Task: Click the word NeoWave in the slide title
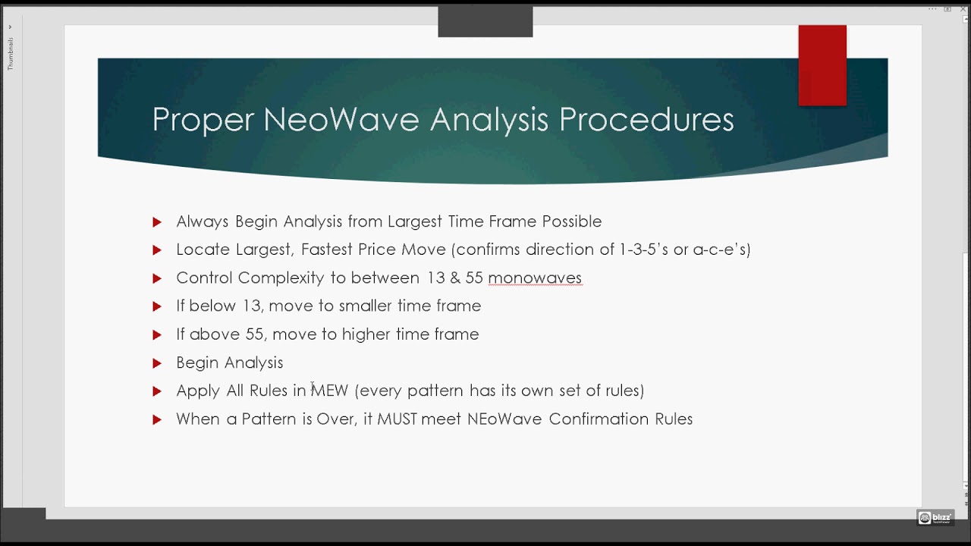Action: (343, 120)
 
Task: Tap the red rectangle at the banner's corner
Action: (822, 65)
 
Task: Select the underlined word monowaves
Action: (535, 278)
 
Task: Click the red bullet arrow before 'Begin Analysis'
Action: (157, 363)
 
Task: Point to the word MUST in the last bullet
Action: (398, 419)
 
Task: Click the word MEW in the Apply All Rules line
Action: (330, 391)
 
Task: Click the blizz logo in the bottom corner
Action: (935, 518)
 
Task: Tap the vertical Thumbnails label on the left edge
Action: (11, 53)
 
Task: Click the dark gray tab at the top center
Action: (485, 22)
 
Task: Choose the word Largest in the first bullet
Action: (416, 221)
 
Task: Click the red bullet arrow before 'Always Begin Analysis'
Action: (157, 222)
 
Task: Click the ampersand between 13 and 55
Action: (455, 278)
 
